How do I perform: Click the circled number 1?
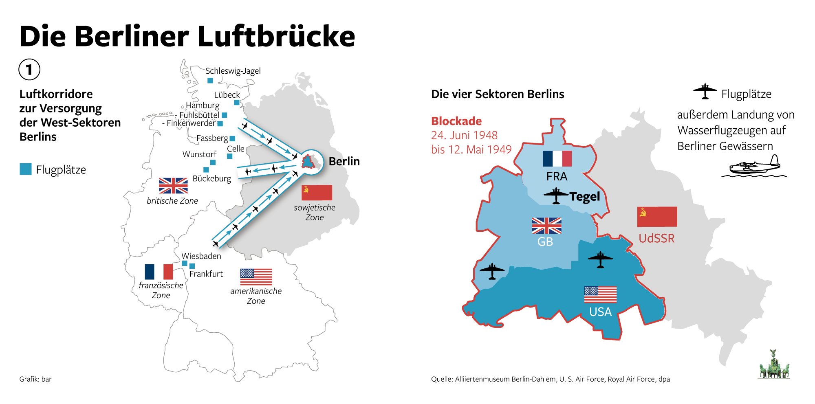(x=29, y=69)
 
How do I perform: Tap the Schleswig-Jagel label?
(x=233, y=71)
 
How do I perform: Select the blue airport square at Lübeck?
(x=237, y=102)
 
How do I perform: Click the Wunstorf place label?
(x=199, y=154)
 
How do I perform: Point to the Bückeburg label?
(x=211, y=178)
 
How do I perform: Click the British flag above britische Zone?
(x=173, y=186)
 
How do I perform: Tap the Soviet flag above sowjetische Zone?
(x=317, y=193)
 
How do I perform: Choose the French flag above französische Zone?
(x=159, y=272)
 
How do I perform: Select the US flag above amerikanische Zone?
(x=256, y=277)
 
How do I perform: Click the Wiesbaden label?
(x=201, y=256)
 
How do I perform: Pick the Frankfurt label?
(x=206, y=274)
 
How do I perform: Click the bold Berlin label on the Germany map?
(x=344, y=161)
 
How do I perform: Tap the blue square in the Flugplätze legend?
(x=26, y=169)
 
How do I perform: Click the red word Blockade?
(x=456, y=121)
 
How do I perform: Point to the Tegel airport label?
(x=584, y=197)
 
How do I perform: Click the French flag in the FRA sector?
(x=557, y=159)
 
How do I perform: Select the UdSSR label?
(x=656, y=238)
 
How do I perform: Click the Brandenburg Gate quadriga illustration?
(x=773, y=365)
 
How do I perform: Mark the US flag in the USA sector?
(x=600, y=294)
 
